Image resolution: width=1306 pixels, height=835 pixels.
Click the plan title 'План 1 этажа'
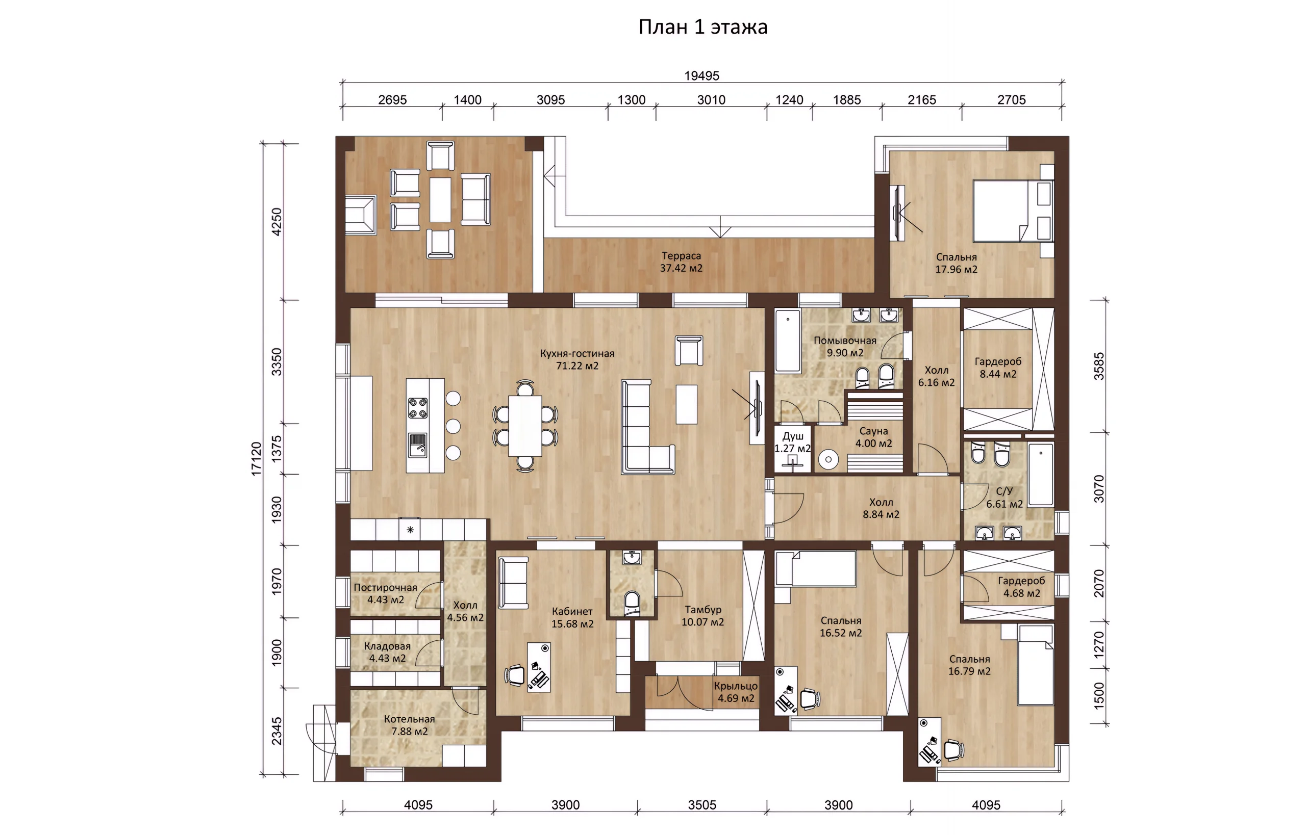tap(702, 27)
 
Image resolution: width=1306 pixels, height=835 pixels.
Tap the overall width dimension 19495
tap(701, 76)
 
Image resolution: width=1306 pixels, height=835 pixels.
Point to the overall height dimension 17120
tap(256, 459)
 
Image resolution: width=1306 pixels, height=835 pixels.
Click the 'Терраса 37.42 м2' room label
tap(681, 262)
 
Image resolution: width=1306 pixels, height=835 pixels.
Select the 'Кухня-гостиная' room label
tap(577, 353)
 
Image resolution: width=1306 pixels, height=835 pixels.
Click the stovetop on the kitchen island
tap(417, 408)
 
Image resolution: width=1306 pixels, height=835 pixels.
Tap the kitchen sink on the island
tap(417, 446)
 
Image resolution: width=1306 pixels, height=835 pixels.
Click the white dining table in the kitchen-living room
tap(524, 426)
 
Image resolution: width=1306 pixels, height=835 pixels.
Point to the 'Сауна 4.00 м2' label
tap(873, 437)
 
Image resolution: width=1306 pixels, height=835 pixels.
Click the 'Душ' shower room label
tap(793, 436)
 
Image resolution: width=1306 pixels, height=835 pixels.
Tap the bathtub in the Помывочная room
tap(787, 341)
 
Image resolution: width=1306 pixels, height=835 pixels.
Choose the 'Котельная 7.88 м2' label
tap(410, 725)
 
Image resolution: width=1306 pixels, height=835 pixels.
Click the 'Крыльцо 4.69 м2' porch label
tap(736, 692)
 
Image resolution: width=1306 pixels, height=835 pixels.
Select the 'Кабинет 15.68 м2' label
tap(572, 617)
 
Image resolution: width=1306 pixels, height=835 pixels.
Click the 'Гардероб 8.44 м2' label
tap(998, 368)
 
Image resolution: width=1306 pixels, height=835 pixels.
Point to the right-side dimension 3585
tap(1099, 366)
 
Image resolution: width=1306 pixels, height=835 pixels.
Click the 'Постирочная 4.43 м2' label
tap(386, 594)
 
